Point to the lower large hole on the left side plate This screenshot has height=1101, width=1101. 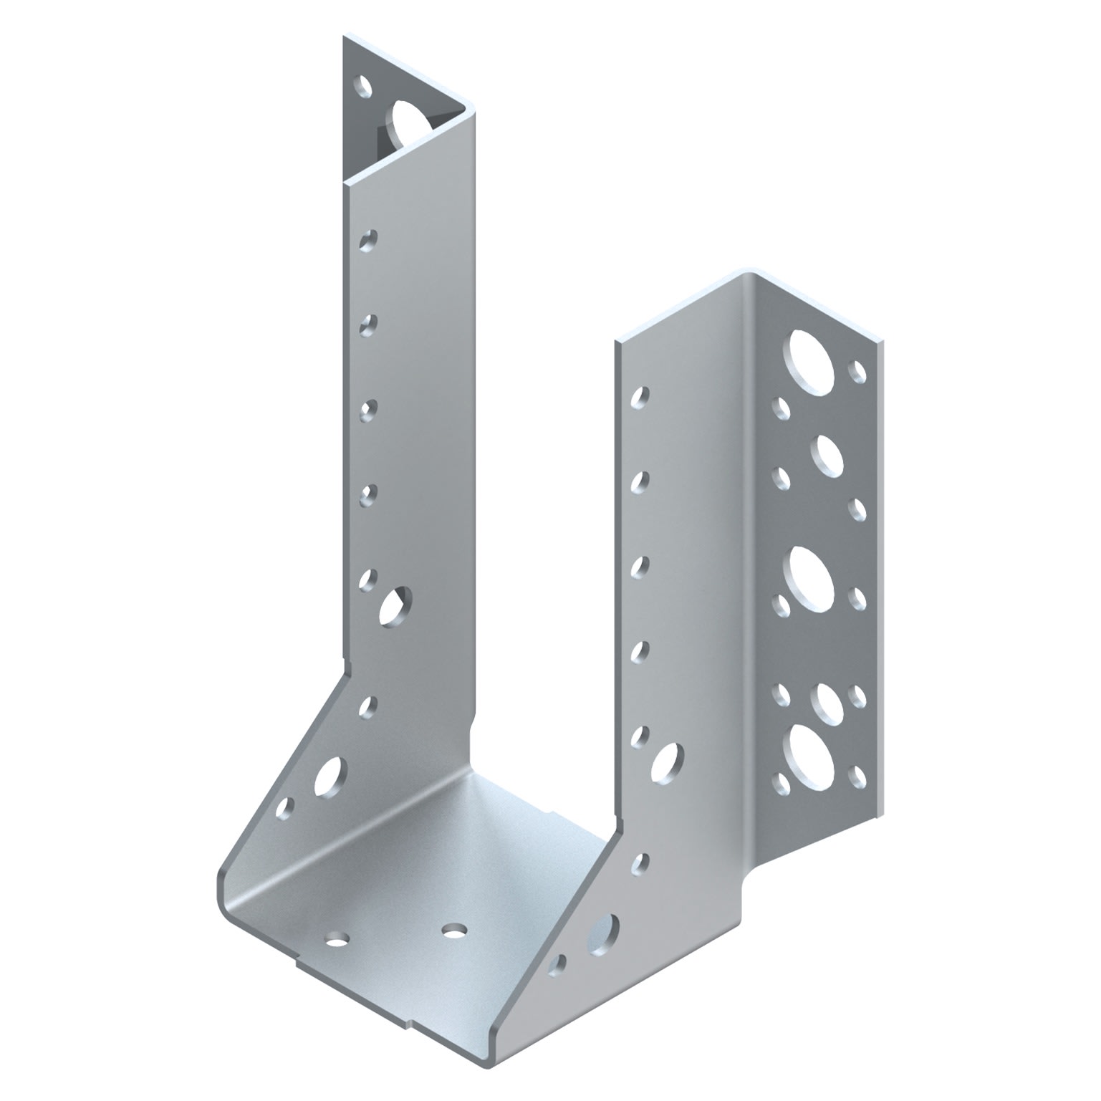pos(329,777)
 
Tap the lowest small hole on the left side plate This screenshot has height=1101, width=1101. pos(285,809)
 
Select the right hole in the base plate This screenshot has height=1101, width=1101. pos(453,931)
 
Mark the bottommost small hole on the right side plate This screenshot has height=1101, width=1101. pos(557,965)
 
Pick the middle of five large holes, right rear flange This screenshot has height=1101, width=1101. pos(812,574)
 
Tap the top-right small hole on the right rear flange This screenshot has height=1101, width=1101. pos(857,371)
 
